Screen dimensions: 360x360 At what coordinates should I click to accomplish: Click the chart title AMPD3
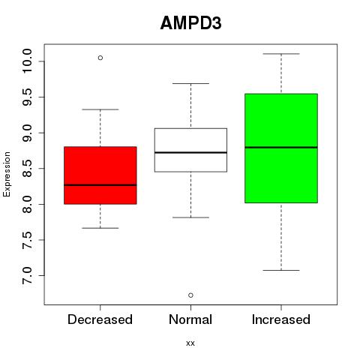point(190,23)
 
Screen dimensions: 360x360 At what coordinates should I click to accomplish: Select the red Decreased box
point(100,175)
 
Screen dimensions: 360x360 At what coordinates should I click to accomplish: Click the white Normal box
point(190,150)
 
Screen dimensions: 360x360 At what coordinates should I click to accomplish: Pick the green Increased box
point(281,148)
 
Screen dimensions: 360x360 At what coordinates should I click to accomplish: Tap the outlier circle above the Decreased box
point(100,58)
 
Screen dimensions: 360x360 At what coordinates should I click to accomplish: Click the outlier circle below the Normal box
point(190,295)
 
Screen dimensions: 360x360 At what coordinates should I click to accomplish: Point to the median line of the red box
point(100,185)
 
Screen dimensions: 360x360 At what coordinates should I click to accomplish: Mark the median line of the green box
point(281,147)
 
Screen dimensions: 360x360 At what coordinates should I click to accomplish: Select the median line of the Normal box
point(190,152)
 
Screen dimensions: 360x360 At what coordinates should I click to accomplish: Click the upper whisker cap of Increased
point(281,54)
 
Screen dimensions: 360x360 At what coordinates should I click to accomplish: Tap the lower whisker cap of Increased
point(281,270)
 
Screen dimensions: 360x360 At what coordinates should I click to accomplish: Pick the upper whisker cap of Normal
point(190,83)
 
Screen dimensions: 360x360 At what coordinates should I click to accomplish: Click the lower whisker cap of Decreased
point(100,228)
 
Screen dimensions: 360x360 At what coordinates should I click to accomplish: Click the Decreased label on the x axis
point(100,319)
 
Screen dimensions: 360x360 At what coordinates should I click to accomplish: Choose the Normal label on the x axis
point(190,319)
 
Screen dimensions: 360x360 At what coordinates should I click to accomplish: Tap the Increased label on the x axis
point(281,319)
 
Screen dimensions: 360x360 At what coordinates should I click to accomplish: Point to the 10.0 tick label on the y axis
point(28,61)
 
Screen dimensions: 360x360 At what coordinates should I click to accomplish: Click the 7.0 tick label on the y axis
point(28,275)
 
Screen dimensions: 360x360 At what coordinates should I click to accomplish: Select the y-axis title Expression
point(7,174)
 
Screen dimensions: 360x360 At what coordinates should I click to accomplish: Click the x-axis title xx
point(190,343)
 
